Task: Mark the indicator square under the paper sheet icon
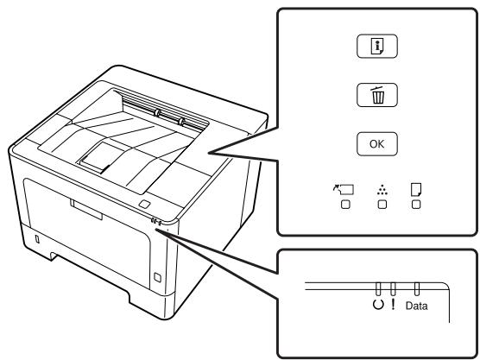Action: pos(416,205)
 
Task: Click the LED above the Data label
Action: pos(417,289)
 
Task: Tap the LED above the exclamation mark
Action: pos(393,289)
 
